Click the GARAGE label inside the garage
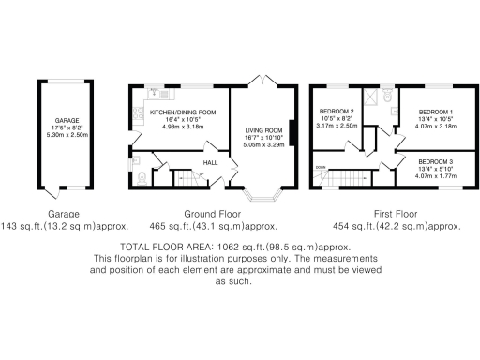66,120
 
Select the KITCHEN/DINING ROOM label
182,112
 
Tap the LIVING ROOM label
263,130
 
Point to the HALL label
211,161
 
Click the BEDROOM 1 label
434,112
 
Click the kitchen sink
159,92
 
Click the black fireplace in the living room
292,133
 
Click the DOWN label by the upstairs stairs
321,168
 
